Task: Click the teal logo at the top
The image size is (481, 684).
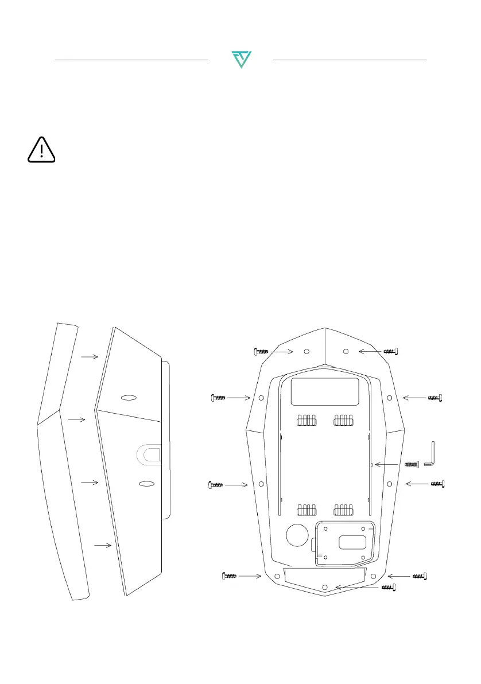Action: (x=241, y=60)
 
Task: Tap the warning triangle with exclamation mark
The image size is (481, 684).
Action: (x=41, y=150)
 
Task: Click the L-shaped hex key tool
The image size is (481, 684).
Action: (x=431, y=453)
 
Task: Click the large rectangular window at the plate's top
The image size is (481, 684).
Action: (x=325, y=392)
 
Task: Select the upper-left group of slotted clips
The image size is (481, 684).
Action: (x=307, y=421)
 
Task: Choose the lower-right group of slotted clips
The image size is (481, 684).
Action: (x=344, y=510)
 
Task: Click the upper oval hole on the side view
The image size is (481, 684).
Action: (x=129, y=398)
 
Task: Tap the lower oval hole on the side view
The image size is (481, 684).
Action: (x=147, y=484)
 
